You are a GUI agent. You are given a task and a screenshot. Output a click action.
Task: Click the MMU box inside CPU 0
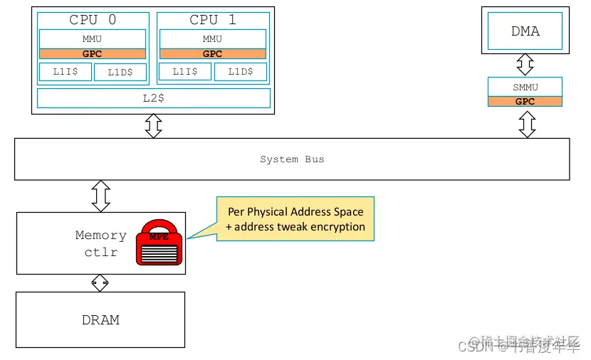pyautogui.click(x=92, y=38)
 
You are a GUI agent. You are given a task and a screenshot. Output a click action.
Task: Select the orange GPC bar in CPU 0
pyautogui.click(x=92, y=53)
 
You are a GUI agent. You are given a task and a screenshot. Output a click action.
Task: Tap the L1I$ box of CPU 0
pyautogui.click(x=65, y=72)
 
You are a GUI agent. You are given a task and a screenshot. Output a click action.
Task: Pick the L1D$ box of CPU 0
pyautogui.click(x=120, y=72)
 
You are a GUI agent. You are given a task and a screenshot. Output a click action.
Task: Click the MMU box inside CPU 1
pyautogui.click(x=212, y=38)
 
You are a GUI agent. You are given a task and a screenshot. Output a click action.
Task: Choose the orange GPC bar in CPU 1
pyautogui.click(x=212, y=53)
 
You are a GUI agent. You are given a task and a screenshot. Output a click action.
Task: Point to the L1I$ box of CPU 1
pyautogui.click(x=185, y=72)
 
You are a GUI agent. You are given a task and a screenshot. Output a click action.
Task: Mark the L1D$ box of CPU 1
pyautogui.click(x=241, y=72)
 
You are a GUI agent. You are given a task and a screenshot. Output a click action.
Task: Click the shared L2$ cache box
pyautogui.click(x=153, y=97)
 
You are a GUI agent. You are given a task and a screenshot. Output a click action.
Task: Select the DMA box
pyautogui.click(x=525, y=31)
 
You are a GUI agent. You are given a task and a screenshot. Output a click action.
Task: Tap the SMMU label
pyautogui.click(x=525, y=87)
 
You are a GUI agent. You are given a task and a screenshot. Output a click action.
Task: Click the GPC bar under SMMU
pyautogui.click(x=525, y=101)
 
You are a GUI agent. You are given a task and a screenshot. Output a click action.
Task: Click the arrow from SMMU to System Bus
pyautogui.click(x=527, y=124)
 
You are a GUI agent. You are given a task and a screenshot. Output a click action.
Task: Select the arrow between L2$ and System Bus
pyautogui.click(x=153, y=126)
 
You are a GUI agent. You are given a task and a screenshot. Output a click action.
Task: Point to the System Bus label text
pyautogui.click(x=292, y=159)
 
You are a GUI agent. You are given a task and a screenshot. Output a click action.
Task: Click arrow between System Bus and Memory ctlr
pyautogui.click(x=101, y=196)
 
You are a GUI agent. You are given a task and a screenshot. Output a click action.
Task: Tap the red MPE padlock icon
pyautogui.click(x=159, y=243)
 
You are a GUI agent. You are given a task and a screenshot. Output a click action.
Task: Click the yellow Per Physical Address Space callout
pyautogui.click(x=295, y=219)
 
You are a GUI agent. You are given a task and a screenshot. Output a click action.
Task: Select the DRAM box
pyautogui.click(x=100, y=319)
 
